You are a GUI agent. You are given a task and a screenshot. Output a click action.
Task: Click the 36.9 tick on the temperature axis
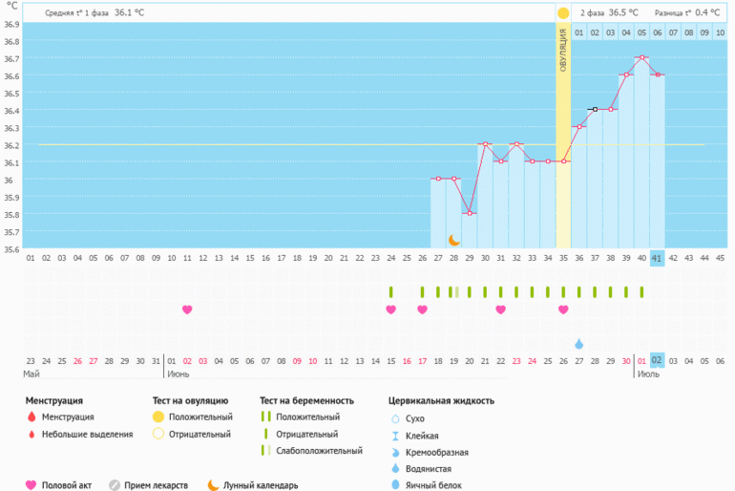coord(10,41)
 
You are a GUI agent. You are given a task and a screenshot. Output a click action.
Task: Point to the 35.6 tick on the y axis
coord(10,249)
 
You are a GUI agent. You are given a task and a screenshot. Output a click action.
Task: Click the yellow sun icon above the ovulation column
coord(563,13)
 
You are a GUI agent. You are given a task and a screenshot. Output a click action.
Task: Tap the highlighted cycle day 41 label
coord(657,258)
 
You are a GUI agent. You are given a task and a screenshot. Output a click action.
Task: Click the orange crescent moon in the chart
coord(454,240)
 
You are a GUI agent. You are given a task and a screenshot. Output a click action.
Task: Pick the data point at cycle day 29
coord(470,213)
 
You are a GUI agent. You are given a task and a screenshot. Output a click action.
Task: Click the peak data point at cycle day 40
coord(641,57)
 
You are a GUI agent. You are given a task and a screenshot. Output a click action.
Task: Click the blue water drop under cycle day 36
coord(578,343)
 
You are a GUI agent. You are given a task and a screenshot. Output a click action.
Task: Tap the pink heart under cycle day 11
coord(187,310)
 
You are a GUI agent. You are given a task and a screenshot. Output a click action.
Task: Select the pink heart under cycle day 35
coord(563,310)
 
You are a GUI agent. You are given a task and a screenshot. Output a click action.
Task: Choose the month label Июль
coord(649,374)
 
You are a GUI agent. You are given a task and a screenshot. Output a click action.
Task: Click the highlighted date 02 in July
coord(657,360)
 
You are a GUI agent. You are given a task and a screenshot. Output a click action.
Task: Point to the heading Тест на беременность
coord(306,400)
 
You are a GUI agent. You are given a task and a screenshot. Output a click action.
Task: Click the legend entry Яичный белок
coord(433,485)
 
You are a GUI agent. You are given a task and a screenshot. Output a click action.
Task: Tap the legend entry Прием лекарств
coord(157,484)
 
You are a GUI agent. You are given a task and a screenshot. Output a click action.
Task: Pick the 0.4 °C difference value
coord(707,13)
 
